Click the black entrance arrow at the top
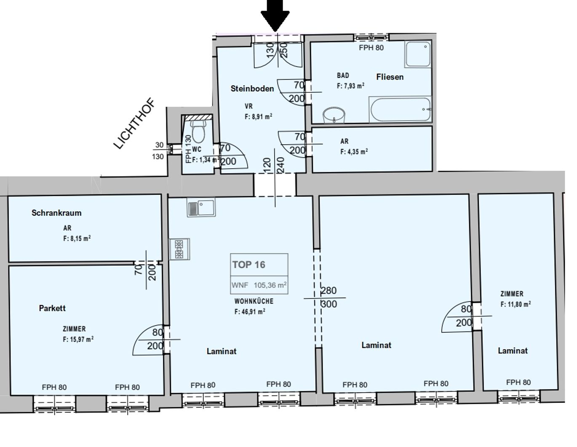click(x=275, y=15)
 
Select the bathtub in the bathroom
click(x=400, y=110)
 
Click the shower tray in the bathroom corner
click(x=418, y=54)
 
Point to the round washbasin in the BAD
click(x=334, y=115)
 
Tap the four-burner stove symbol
click(x=179, y=249)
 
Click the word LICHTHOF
click(x=134, y=124)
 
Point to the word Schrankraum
click(x=56, y=213)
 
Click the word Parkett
click(x=52, y=308)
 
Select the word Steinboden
click(x=252, y=89)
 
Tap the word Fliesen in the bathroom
click(x=390, y=77)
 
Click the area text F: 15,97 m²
click(x=78, y=339)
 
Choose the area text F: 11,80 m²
click(x=515, y=304)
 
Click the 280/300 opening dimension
click(x=329, y=297)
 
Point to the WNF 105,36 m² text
click(x=259, y=285)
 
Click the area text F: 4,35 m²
click(x=354, y=151)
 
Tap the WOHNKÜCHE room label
click(x=254, y=301)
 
